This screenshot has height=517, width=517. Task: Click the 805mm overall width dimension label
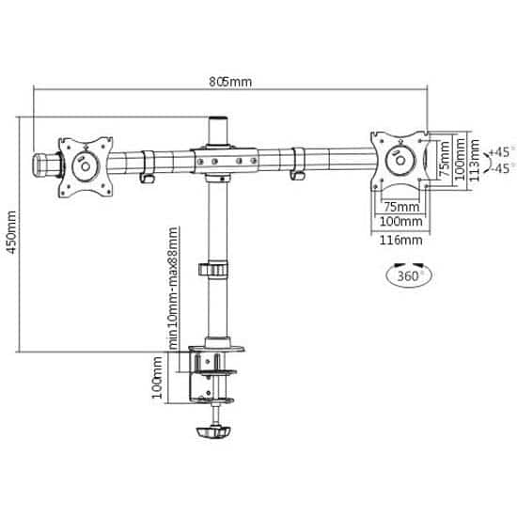click(x=230, y=82)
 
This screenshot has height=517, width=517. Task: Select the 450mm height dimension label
click(x=11, y=232)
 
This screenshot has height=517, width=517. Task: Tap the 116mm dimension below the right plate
click(x=400, y=240)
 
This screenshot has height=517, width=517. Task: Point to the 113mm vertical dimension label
click(x=474, y=160)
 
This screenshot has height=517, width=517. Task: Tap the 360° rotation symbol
click(x=409, y=274)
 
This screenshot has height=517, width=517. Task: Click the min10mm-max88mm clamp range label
click(x=173, y=289)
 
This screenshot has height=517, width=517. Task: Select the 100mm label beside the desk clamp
click(x=157, y=378)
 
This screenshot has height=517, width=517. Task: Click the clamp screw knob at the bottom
click(x=213, y=432)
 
